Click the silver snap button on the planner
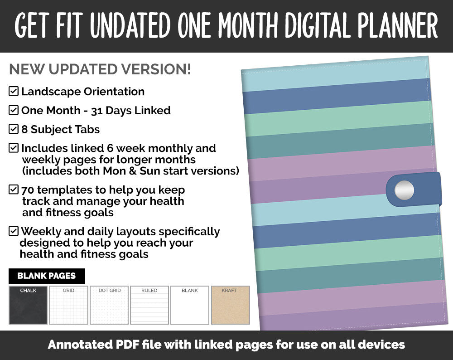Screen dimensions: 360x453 pyautogui.click(x=404, y=190)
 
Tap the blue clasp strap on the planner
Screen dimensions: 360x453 pyautogui.click(x=426, y=189)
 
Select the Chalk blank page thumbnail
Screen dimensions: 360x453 pyautogui.click(x=28, y=305)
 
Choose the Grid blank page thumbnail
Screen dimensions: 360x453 pyautogui.click(x=68, y=305)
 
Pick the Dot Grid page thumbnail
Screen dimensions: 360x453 pyautogui.click(x=109, y=305)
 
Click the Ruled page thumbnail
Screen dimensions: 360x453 pyautogui.click(x=149, y=305)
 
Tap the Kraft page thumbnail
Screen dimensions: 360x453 pyautogui.click(x=231, y=305)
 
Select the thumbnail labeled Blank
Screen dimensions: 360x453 pyautogui.click(x=190, y=305)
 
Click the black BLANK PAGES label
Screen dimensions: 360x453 pyautogui.click(x=47, y=276)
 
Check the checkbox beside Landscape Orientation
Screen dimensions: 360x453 pyautogui.click(x=14, y=91)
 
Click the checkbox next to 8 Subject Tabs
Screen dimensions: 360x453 pyautogui.click(x=14, y=129)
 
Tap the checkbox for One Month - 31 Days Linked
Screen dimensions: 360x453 pyautogui.click(x=14, y=110)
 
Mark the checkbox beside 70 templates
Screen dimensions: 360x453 pyautogui.click(x=14, y=190)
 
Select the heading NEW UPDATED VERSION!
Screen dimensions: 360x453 pyautogui.click(x=100, y=69)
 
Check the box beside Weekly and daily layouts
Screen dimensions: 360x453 pyautogui.click(x=14, y=231)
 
